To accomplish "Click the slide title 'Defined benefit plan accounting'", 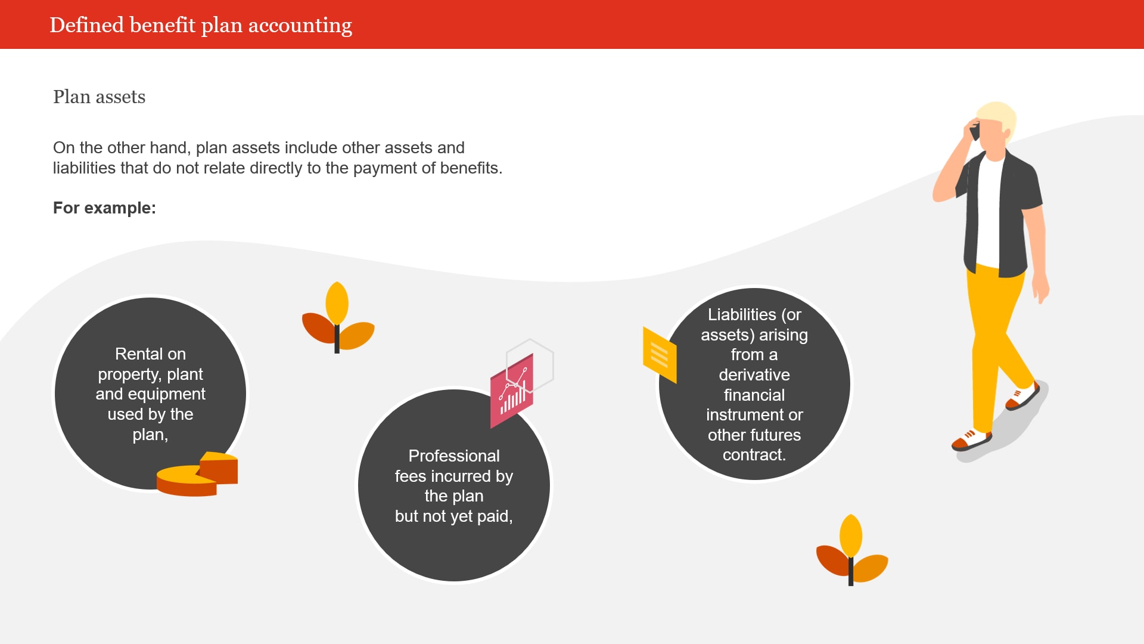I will [201, 25].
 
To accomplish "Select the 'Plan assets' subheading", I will [99, 97].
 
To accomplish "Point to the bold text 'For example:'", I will [104, 208].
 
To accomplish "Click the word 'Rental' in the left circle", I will [136, 354].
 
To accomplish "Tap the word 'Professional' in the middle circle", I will [454, 456].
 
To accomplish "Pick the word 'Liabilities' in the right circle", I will [742, 314].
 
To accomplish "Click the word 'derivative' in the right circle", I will [754, 374].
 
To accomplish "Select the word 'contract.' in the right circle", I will [754, 454].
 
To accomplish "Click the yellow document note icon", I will [660, 354].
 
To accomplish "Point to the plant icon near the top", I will [337, 317].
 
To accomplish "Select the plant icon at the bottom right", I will [851, 550].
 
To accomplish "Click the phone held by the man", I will [975, 131].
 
